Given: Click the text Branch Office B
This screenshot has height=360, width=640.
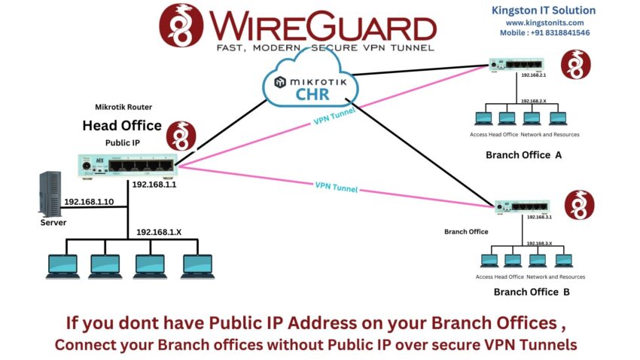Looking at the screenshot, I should pos(532,292).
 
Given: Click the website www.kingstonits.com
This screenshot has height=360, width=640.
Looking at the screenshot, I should pos(543,23).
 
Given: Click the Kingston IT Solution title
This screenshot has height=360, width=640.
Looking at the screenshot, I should pos(543,11).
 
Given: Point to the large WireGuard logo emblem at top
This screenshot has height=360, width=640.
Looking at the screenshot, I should pos(181,25).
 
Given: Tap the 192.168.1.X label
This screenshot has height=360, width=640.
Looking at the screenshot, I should pos(159,232).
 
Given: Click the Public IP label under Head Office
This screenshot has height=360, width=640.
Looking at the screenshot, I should pos(123,142).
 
